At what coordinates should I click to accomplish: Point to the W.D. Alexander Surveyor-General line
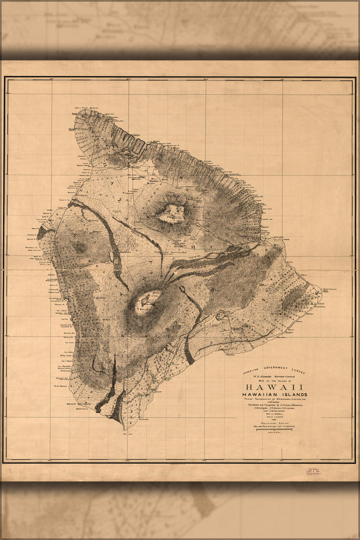tap(274, 376)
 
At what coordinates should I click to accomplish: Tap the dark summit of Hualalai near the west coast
tap(80, 247)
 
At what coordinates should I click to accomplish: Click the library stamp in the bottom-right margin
tap(314, 471)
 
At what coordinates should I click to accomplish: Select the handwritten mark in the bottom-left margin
tap(11, 471)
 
